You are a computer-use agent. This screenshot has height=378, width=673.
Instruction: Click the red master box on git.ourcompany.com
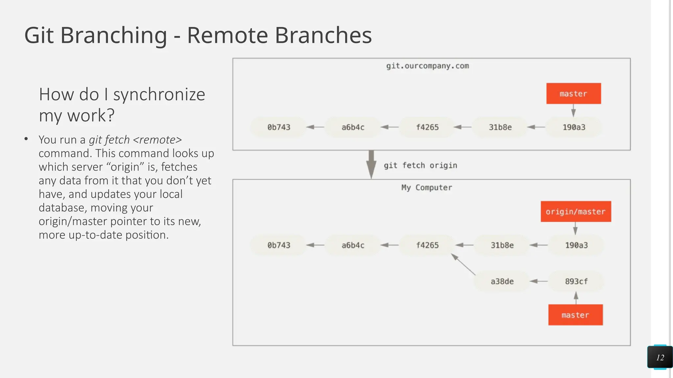pyautogui.click(x=573, y=94)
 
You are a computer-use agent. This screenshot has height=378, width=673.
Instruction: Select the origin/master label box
pyautogui.click(x=576, y=212)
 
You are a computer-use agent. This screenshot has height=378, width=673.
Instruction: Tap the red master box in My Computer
pyautogui.click(x=575, y=315)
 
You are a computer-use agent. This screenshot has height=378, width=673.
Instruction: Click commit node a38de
pyautogui.click(x=502, y=281)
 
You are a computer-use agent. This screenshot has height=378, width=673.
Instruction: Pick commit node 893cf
pyautogui.click(x=576, y=281)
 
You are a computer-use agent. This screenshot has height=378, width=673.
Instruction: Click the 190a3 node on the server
pyautogui.click(x=574, y=127)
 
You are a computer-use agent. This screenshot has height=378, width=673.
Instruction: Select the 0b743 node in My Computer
pyautogui.click(x=279, y=245)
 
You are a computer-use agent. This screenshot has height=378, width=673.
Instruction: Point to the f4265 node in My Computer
pyautogui.click(x=427, y=245)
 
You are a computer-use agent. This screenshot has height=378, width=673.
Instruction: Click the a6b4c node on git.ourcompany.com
pyautogui.click(x=353, y=127)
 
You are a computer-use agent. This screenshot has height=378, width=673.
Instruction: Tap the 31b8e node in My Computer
pyautogui.click(x=502, y=245)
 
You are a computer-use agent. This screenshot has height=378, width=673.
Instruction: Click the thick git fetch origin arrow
pyautogui.click(x=371, y=164)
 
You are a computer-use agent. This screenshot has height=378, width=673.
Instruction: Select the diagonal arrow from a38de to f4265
pyautogui.click(x=463, y=264)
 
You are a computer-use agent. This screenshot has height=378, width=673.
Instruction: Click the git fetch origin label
pyautogui.click(x=420, y=165)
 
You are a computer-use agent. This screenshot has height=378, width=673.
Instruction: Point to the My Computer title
pyautogui.click(x=427, y=188)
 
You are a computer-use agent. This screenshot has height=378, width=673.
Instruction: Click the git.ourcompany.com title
pyautogui.click(x=427, y=66)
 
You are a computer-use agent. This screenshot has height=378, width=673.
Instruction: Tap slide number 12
pyautogui.click(x=660, y=358)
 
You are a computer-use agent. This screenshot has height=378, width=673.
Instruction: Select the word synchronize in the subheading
pyautogui.click(x=159, y=94)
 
